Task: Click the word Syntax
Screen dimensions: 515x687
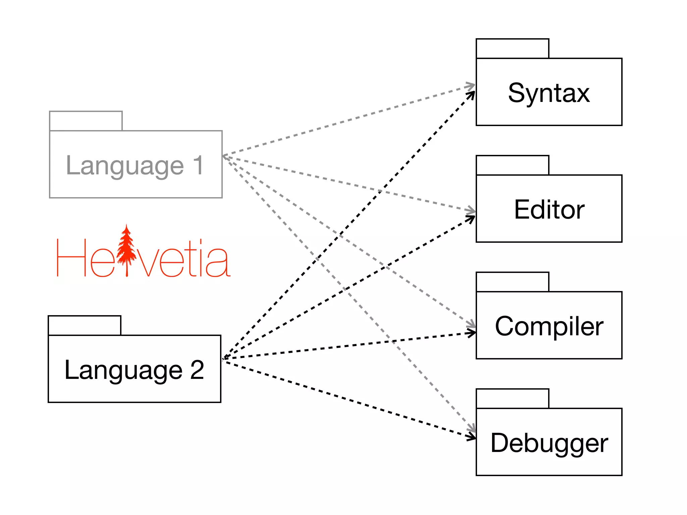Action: click(548, 93)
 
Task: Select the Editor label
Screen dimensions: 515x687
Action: click(549, 210)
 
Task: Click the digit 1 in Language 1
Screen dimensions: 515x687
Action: click(198, 165)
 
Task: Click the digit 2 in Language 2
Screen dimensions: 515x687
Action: click(197, 370)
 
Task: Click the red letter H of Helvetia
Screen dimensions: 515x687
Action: click(71, 257)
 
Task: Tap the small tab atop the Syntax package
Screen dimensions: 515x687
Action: click(512, 49)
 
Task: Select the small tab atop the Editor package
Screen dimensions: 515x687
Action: click(512, 165)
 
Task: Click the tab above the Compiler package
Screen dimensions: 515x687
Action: click(512, 282)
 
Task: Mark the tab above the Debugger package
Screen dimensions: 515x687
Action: click(512, 399)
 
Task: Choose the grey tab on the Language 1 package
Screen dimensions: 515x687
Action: click(86, 121)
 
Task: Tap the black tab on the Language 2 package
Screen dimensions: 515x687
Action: click(85, 325)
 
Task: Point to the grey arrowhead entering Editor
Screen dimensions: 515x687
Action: click(471, 211)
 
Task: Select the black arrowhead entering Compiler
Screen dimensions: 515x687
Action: click(472, 333)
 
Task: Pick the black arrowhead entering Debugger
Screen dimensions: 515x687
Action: click(471, 437)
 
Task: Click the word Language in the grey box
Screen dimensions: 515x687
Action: click(125, 166)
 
